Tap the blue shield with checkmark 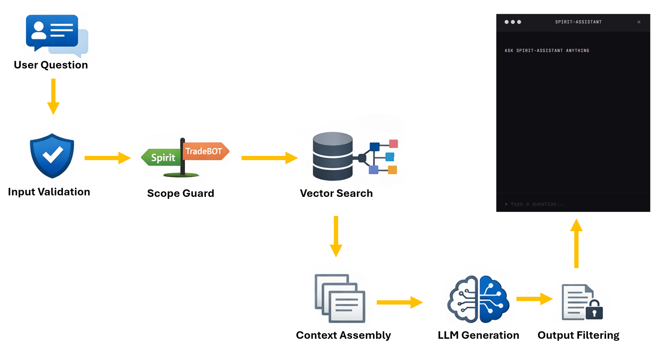(52, 156)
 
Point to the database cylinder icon (332, 156)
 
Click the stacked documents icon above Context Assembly (340, 298)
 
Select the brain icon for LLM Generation (478, 299)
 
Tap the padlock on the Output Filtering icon (594, 310)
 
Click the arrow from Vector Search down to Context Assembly (336, 236)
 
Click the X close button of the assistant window (639, 22)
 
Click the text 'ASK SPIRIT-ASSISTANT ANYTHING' (547, 51)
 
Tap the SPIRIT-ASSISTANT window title (578, 22)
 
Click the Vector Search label (336, 193)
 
